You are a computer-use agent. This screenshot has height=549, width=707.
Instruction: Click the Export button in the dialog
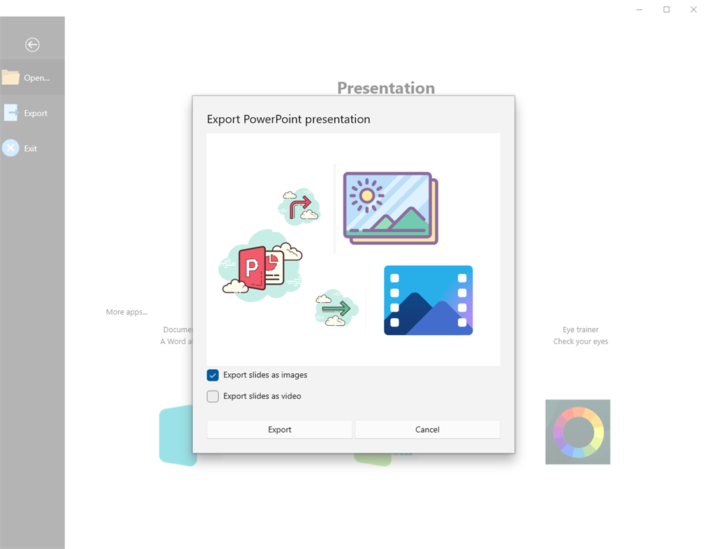pyautogui.click(x=279, y=430)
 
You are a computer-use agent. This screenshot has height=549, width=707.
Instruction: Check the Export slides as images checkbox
pyautogui.click(x=213, y=375)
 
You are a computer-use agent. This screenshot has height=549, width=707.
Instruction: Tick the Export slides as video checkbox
pyautogui.click(x=213, y=396)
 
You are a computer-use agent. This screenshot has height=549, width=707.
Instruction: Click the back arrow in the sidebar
pyautogui.click(x=32, y=45)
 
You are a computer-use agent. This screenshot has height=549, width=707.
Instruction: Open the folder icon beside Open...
pyautogui.click(x=10, y=77)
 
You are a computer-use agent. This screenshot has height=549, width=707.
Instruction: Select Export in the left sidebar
pyautogui.click(x=36, y=113)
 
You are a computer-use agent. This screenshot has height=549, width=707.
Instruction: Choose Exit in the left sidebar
pyautogui.click(x=30, y=148)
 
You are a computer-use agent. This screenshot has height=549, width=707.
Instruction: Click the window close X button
pyautogui.click(x=693, y=10)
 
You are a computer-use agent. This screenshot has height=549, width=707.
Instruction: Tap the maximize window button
pyautogui.click(x=667, y=10)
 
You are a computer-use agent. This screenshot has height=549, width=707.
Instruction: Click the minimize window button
pyautogui.click(x=640, y=10)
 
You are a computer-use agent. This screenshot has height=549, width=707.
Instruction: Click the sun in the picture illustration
pyautogui.click(x=366, y=195)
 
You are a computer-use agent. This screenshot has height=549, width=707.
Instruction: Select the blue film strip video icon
pyautogui.click(x=428, y=300)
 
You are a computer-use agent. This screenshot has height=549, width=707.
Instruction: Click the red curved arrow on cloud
pyautogui.click(x=299, y=206)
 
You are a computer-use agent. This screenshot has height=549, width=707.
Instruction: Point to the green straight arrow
pyautogui.click(x=336, y=308)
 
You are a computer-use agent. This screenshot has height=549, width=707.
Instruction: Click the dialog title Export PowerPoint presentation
pyautogui.click(x=288, y=119)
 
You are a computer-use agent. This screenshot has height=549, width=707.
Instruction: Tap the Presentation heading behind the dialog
pyautogui.click(x=386, y=88)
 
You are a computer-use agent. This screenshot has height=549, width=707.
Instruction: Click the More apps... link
pyautogui.click(x=126, y=312)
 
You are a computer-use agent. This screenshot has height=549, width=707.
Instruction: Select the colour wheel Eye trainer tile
pyautogui.click(x=577, y=432)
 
